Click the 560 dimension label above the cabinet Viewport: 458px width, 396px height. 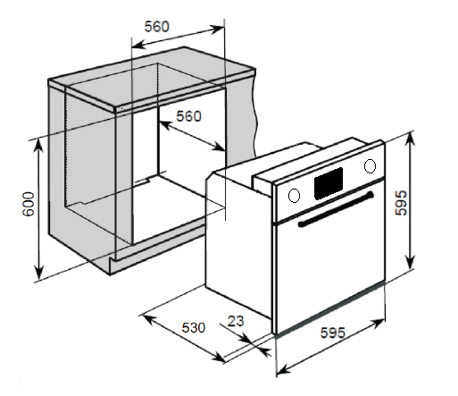(156, 27)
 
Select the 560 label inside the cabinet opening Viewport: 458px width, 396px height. (188, 116)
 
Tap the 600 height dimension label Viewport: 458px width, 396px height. (29, 204)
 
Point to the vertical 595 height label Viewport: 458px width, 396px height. (401, 203)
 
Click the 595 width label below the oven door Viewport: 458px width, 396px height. (333, 333)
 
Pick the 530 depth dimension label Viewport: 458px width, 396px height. (194, 327)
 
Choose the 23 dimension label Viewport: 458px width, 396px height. (236, 321)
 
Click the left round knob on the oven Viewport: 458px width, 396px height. (294, 196)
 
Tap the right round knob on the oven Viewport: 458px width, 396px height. (370, 166)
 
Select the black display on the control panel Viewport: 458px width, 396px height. (329, 183)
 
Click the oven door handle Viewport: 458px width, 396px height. (336, 209)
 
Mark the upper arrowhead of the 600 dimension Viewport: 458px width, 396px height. (38, 146)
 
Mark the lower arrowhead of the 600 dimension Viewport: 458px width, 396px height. (38, 273)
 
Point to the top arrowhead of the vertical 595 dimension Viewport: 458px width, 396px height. (411, 139)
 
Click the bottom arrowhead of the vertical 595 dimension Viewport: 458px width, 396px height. (411, 262)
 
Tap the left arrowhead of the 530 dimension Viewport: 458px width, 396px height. (149, 320)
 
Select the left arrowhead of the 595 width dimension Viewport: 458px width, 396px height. (283, 370)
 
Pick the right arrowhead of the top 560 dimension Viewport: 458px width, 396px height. (217, 29)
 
